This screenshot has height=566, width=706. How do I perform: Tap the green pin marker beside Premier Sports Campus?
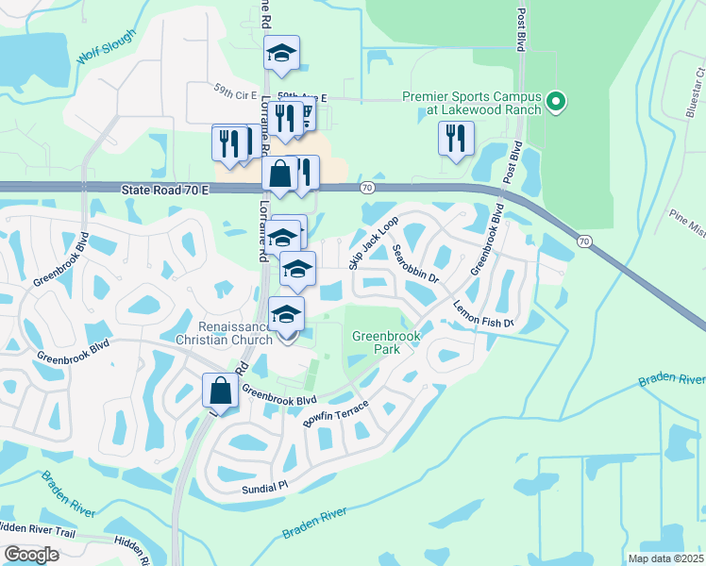click(556, 101)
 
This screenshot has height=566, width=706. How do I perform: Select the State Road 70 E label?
click(164, 191)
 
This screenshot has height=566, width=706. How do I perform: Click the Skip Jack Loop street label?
click(375, 243)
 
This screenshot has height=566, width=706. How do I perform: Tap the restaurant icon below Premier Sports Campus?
click(456, 139)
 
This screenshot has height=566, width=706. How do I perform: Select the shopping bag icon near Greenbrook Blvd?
click(220, 390)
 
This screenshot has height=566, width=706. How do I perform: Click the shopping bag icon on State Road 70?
click(280, 174)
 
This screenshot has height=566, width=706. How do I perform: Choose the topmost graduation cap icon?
click(281, 53)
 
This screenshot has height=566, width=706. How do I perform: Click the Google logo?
click(31, 555)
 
